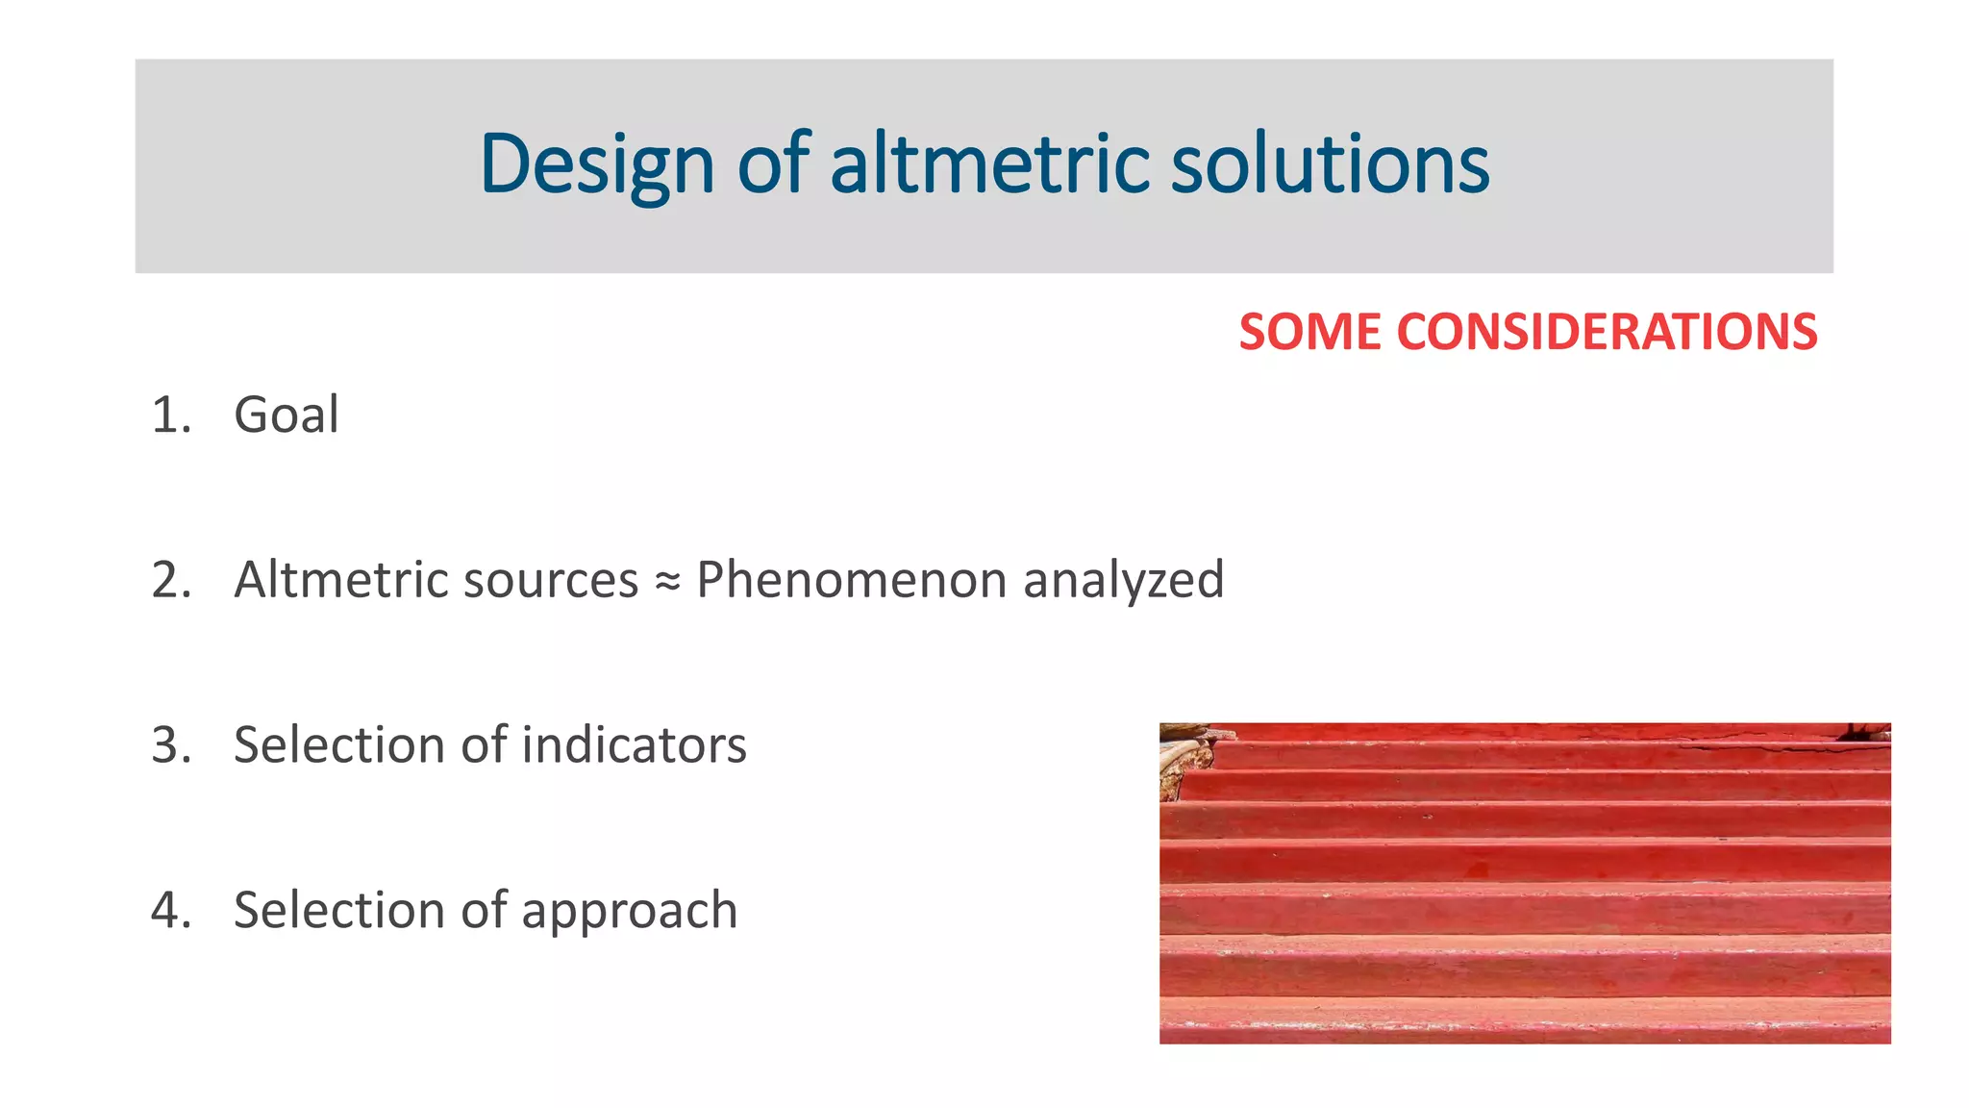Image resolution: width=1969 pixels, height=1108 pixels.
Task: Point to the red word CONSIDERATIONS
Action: [x=1607, y=332]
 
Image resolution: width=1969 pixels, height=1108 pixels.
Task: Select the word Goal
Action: [x=287, y=415]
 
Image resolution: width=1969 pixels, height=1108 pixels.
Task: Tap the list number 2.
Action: [x=170, y=580]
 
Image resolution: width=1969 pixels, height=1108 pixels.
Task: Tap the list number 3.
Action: [x=170, y=745]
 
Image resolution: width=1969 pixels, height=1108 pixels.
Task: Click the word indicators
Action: [x=634, y=745]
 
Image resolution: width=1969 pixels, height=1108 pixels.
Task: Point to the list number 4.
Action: [x=170, y=910]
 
